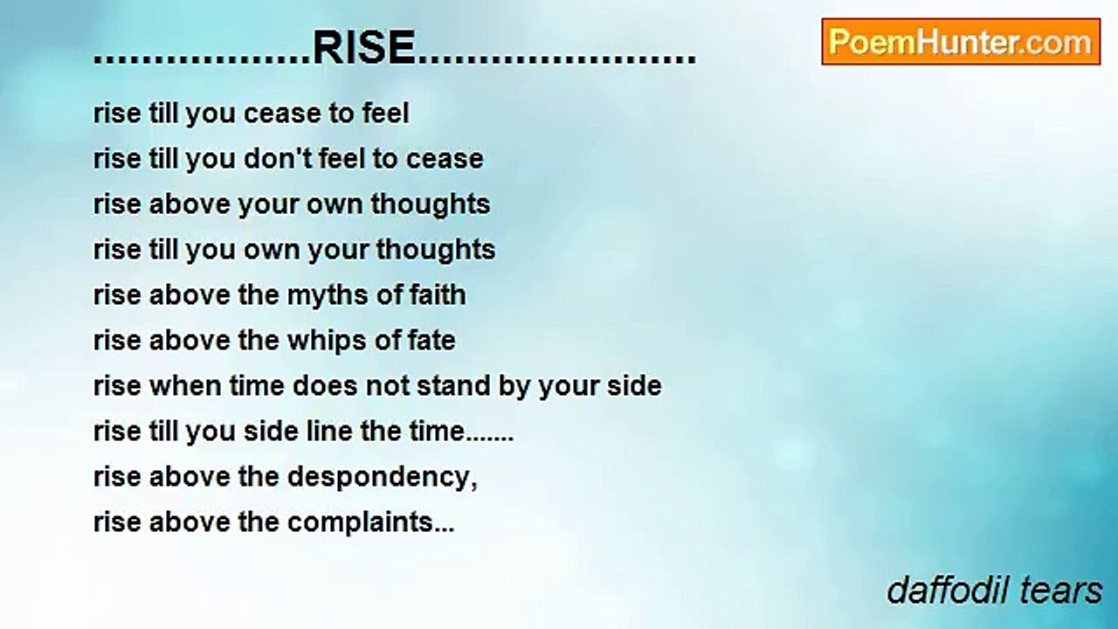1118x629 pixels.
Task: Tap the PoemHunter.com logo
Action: click(961, 42)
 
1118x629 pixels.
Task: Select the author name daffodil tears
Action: click(994, 591)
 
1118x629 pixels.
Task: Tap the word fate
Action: click(431, 341)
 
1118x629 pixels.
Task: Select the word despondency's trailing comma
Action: click(474, 482)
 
